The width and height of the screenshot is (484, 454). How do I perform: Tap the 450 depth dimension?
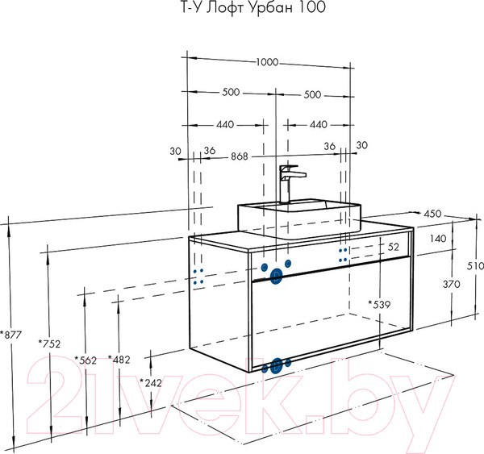coord(432,215)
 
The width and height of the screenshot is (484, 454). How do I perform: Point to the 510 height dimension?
coord(475,267)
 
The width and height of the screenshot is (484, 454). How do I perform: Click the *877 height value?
coord(11,335)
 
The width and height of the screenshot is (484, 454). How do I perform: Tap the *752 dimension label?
coord(49,344)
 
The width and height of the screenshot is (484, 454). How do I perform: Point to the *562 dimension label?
coord(85,360)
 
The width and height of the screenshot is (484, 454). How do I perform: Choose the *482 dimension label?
coord(119,360)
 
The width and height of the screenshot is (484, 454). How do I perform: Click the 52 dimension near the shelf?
coord(394,247)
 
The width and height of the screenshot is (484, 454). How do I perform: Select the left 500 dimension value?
coord(231,94)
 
